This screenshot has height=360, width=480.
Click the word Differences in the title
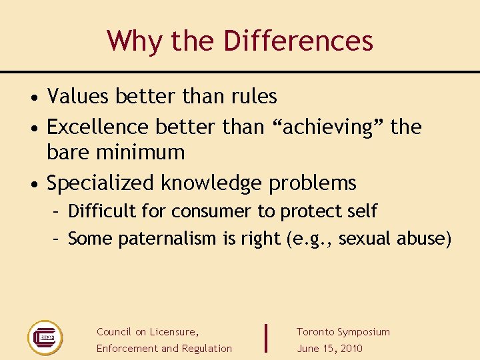click(298, 41)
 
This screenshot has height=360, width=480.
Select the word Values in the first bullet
click(78, 97)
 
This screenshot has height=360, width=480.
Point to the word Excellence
click(98, 127)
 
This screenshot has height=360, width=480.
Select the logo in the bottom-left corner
click(45, 337)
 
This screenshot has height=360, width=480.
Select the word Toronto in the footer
click(315, 332)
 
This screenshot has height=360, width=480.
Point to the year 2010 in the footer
click(350, 349)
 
